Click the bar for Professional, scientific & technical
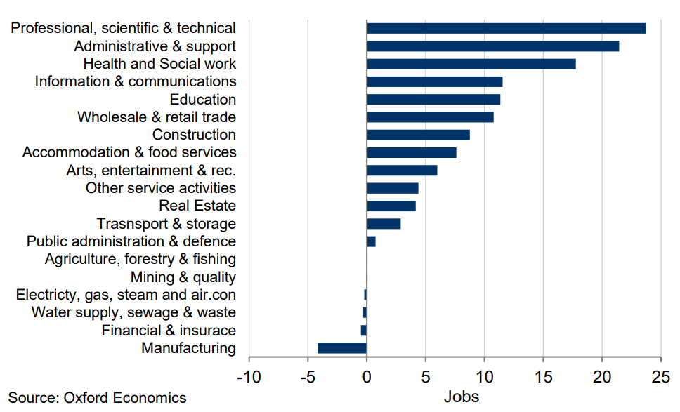coord(506,28)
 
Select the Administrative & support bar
coord(492,46)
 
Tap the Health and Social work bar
coord(471,64)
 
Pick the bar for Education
coord(433,100)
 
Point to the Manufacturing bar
coord(342,348)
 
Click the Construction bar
coord(418,135)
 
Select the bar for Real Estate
coord(391,206)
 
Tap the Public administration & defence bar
coord(371,241)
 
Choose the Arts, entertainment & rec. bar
coord(402,171)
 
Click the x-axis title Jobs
coord(462,397)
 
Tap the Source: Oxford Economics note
coord(98,398)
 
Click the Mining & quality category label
coord(183,277)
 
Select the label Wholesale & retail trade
coord(157,117)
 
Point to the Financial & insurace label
coord(169,331)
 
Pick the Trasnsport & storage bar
coord(384,224)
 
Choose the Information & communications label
coord(136,81)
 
